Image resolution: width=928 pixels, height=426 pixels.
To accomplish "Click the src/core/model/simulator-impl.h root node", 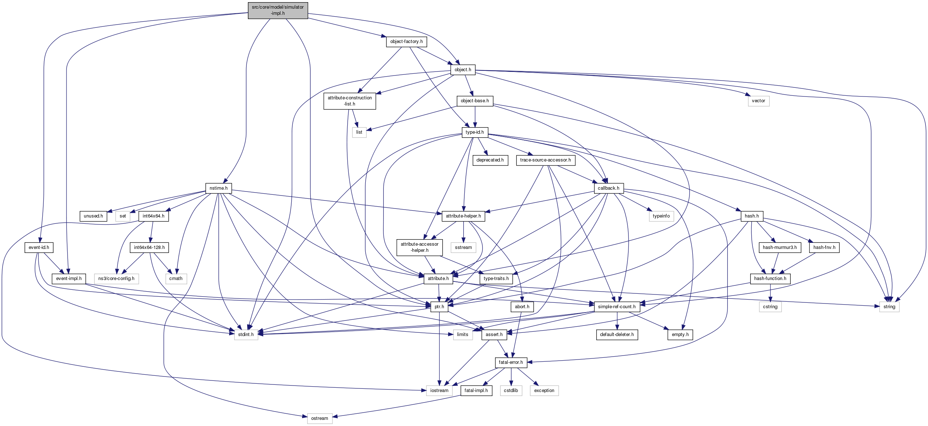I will pyautogui.click(x=278, y=10).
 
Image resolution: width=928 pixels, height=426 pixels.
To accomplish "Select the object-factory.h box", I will pyautogui.click(x=406, y=42).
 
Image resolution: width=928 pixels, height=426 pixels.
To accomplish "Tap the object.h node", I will pyautogui.click(x=463, y=70).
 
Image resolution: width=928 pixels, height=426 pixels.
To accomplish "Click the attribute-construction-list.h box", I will pyautogui.click(x=349, y=101).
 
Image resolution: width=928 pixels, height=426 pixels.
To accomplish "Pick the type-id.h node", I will pyautogui.click(x=474, y=132).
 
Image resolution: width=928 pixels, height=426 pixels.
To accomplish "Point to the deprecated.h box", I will pyautogui.click(x=490, y=160).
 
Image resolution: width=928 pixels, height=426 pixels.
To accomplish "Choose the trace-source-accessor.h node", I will pyautogui.click(x=545, y=160).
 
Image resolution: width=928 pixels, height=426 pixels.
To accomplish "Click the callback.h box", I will pyautogui.click(x=608, y=188).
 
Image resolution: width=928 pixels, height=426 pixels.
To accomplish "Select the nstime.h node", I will pyautogui.click(x=218, y=188).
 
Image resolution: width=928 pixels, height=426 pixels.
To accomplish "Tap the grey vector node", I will pyautogui.click(x=758, y=101).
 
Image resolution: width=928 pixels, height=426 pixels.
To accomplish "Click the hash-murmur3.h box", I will pyautogui.click(x=779, y=248).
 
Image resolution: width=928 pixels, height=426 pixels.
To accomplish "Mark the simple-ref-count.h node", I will pyautogui.click(x=616, y=307).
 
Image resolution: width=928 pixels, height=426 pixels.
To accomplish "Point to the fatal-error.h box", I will pyautogui.click(x=511, y=362).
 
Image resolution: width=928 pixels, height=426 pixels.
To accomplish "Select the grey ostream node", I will pyautogui.click(x=319, y=418).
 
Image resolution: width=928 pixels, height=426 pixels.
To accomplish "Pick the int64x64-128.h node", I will pyautogui.click(x=149, y=248).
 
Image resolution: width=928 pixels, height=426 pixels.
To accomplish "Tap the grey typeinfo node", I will pyautogui.click(x=661, y=216).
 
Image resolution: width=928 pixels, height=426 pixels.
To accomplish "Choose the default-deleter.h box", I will pyautogui.click(x=616, y=335).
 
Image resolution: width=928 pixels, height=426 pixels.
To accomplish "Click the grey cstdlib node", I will pyautogui.click(x=511, y=391).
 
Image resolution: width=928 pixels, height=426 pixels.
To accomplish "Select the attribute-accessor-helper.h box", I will pyautogui.click(x=419, y=247).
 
